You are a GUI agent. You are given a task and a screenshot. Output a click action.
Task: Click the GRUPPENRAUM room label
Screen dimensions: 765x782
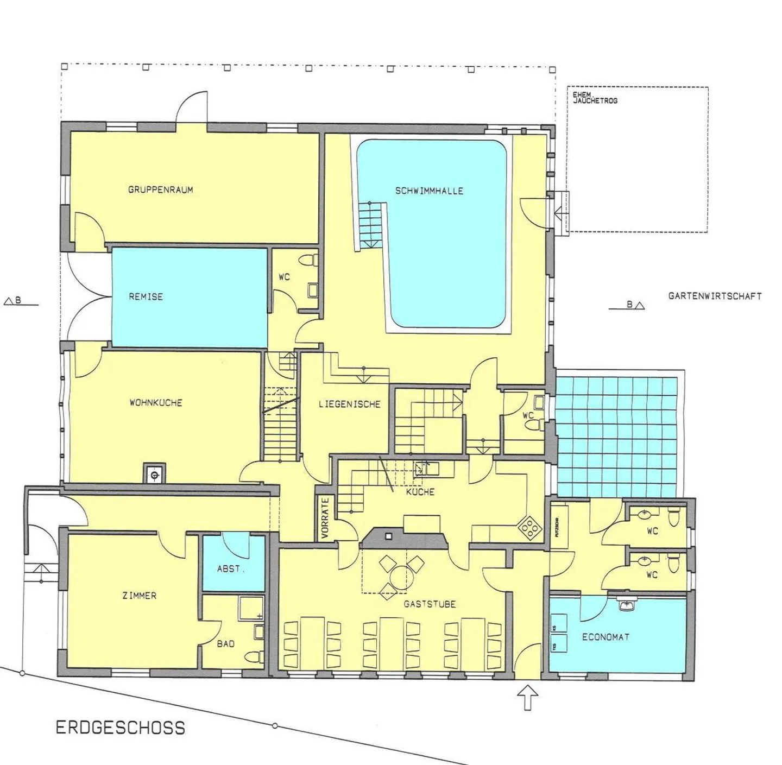tap(160, 190)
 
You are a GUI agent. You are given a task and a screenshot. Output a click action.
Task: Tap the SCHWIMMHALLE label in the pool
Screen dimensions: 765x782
tap(429, 191)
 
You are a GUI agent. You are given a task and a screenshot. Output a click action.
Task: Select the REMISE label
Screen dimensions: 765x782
tap(146, 297)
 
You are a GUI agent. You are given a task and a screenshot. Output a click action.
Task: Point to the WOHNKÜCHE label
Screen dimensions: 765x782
tap(156, 403)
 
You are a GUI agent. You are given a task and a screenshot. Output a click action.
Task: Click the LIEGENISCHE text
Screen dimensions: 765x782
tap(349, 404)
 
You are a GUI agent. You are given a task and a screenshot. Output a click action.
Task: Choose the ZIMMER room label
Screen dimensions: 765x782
tap(140, 596)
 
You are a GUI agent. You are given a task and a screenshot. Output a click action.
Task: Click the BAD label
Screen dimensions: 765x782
tap(225, 644)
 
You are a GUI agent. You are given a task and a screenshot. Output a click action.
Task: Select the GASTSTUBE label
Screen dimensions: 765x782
tap(429, 604)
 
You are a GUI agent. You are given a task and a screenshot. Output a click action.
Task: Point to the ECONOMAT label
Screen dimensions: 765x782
tap(606, 637)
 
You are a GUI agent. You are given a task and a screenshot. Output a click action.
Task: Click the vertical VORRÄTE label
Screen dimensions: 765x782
tap(325, 519)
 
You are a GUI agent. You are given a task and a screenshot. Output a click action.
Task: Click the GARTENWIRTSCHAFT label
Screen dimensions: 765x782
tap(715, 296)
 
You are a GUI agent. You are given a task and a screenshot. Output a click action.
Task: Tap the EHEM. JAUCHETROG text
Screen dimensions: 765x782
tap(595, 98)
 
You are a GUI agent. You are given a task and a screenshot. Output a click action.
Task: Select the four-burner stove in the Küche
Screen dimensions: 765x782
tap(528, 527)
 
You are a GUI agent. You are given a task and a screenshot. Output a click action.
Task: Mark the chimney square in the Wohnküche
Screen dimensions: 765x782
tap(155, 474)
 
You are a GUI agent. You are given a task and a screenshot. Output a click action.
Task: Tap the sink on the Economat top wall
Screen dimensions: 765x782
tap(629, 603)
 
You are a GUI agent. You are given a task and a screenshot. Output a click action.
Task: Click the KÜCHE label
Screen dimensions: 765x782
tap(420, 492)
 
